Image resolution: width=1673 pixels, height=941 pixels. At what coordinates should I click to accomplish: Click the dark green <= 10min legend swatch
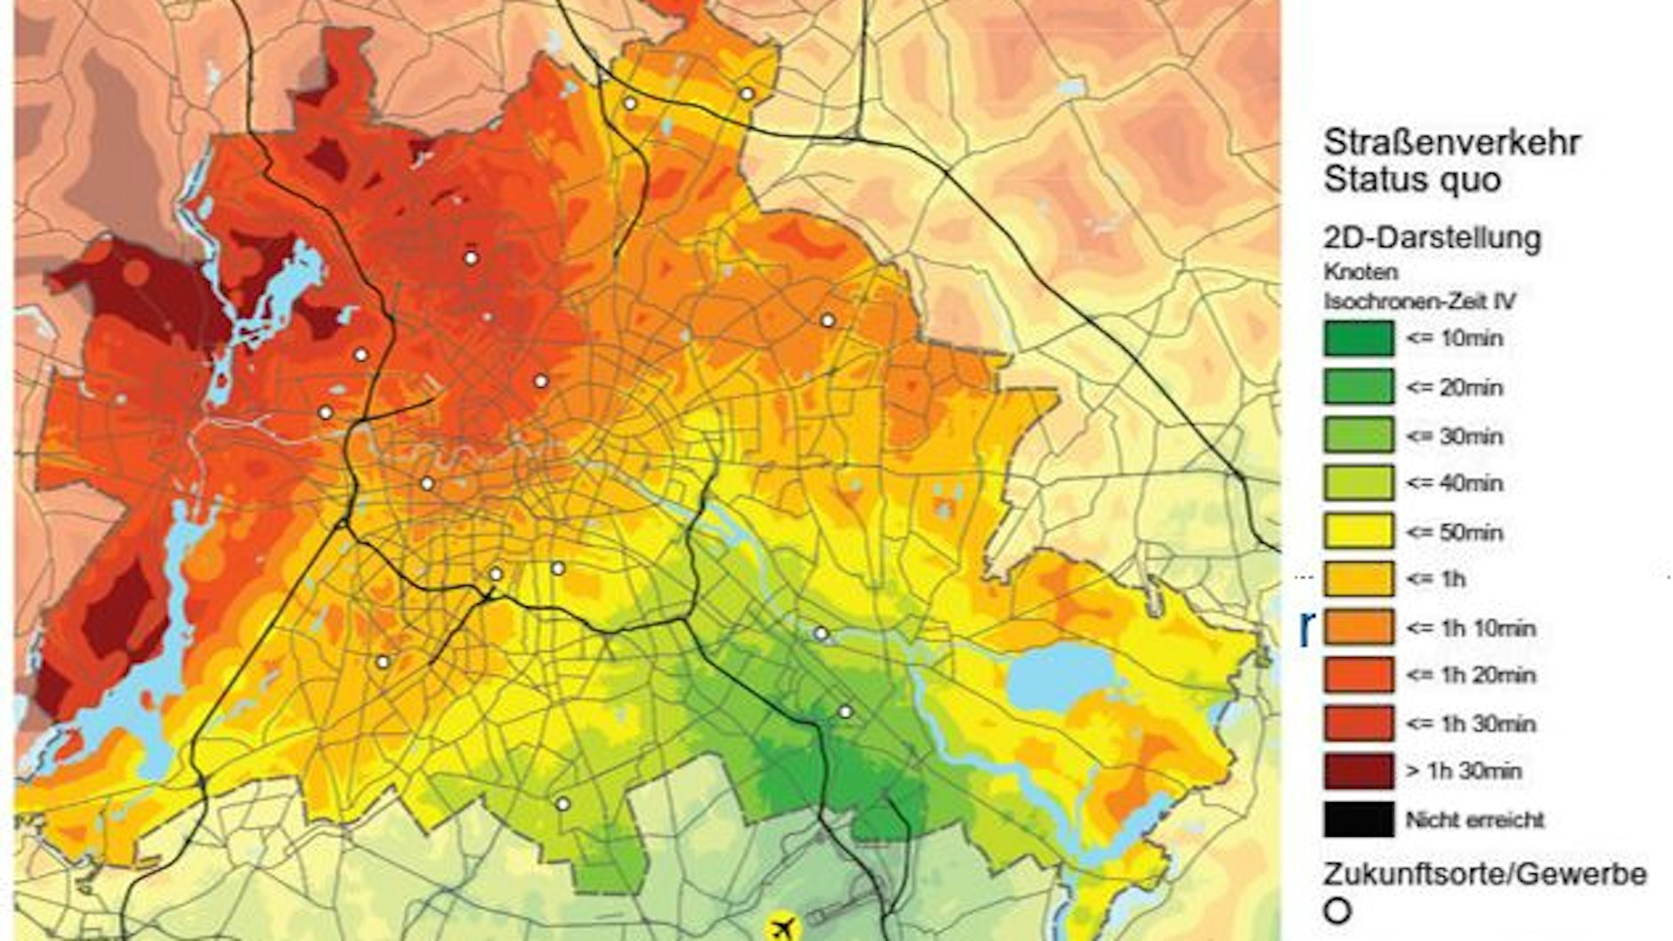1358,339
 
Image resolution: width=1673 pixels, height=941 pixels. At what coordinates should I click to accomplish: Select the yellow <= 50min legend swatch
1358,531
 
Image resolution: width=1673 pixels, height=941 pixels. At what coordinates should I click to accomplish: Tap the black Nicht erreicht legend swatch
1358,819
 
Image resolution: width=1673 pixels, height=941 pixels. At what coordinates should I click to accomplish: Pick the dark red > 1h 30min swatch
1358,771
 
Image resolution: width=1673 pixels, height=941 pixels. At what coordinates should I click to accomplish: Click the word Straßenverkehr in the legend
1451,142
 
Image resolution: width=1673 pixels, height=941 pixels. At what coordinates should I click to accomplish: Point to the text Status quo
1412,180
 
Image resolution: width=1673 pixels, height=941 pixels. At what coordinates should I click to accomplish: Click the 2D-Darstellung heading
1432,238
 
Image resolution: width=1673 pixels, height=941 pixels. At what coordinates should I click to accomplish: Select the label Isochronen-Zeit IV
1419,301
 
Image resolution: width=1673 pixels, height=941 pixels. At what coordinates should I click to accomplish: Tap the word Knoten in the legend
1361,272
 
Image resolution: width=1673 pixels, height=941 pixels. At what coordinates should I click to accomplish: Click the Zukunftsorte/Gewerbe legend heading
1484,873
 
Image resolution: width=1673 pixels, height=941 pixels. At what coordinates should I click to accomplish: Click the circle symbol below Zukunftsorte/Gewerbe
1338,912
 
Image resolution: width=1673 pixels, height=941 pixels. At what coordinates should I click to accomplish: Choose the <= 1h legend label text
1435,580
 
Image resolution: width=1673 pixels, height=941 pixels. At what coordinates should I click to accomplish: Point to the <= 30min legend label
1454,436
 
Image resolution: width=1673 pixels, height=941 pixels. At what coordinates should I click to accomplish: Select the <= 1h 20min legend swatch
1358,675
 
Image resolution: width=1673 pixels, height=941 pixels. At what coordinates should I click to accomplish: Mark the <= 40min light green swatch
1358,483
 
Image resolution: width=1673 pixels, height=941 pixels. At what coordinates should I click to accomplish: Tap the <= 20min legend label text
1454,387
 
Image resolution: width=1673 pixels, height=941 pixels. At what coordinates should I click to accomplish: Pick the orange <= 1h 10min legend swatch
1358,628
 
